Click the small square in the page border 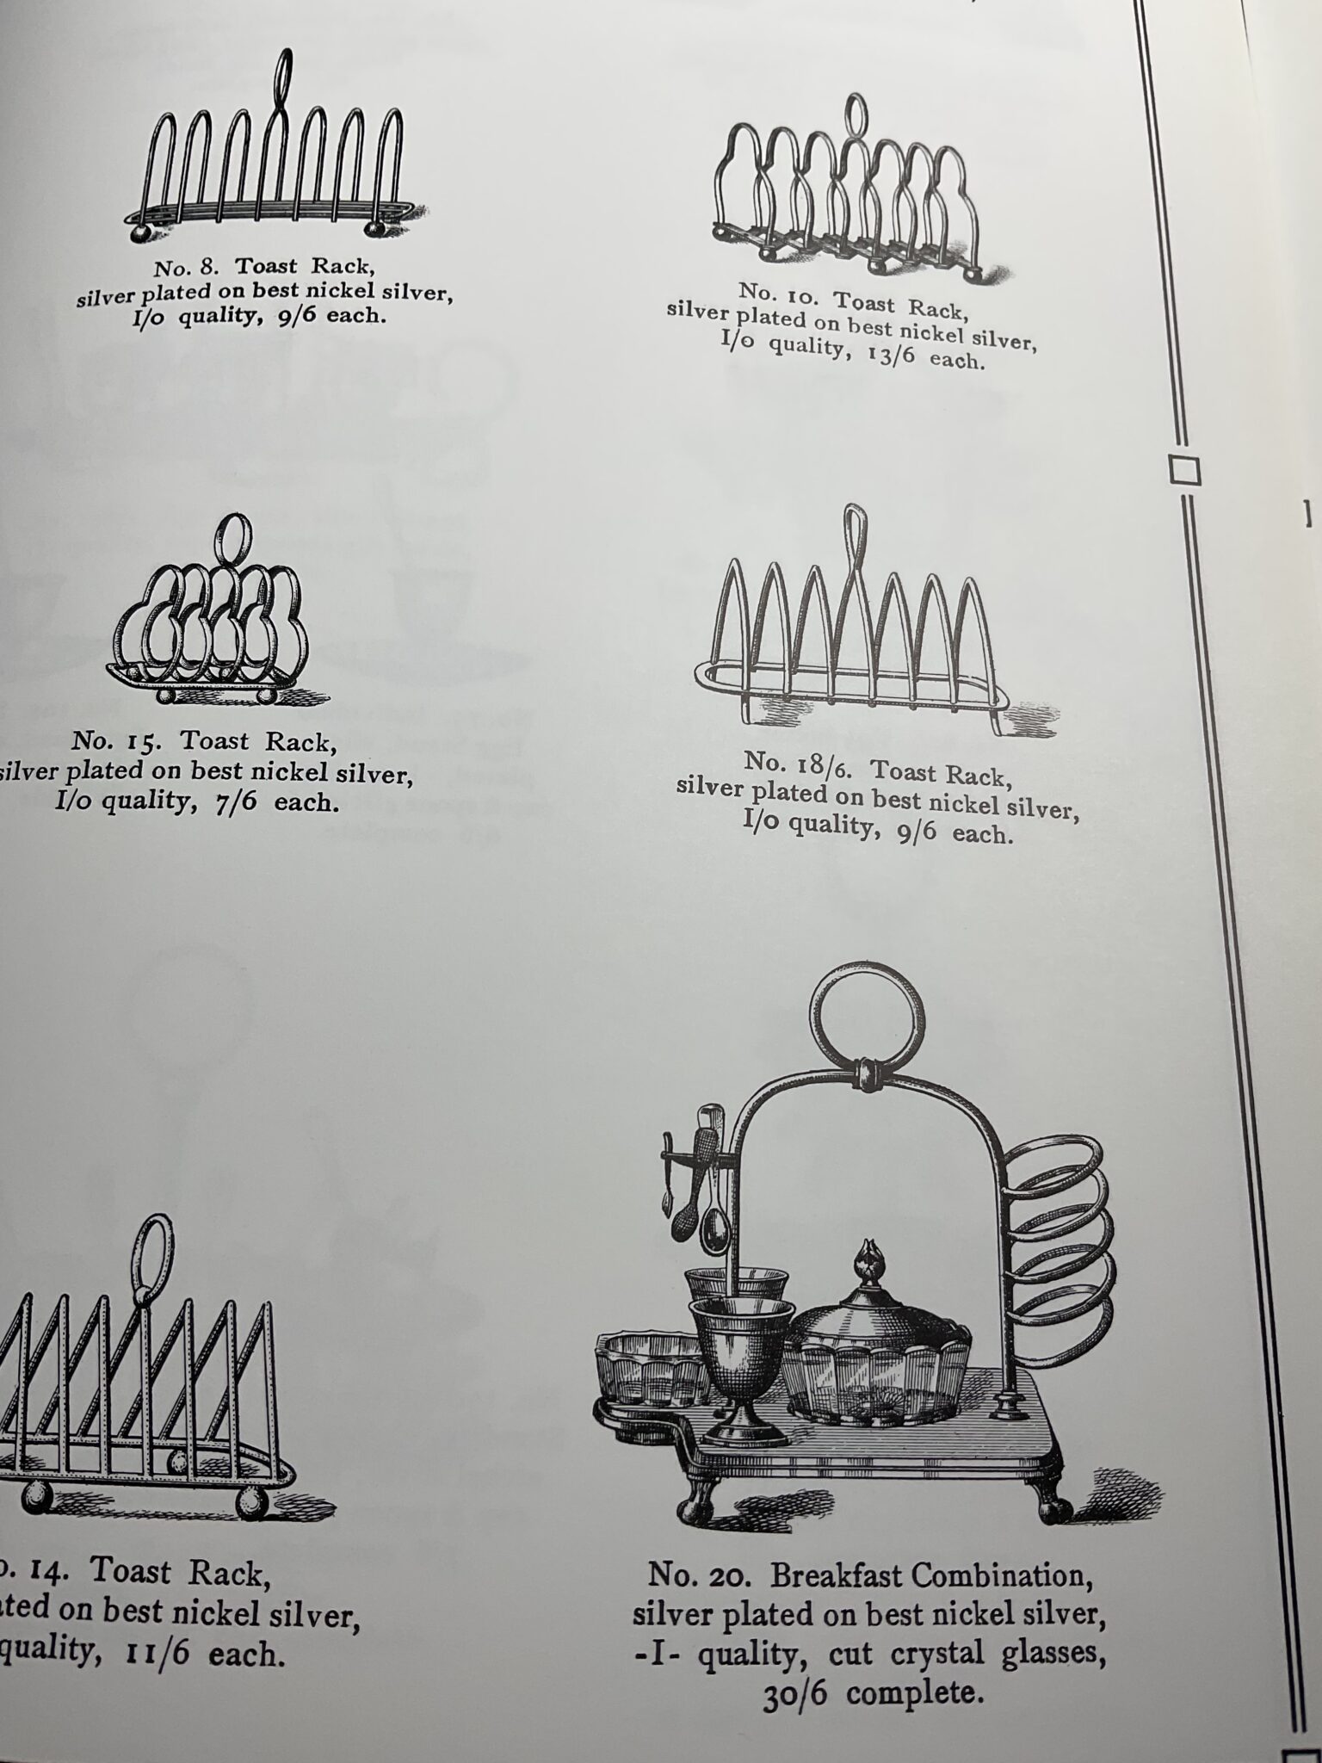coord(1184,470)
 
